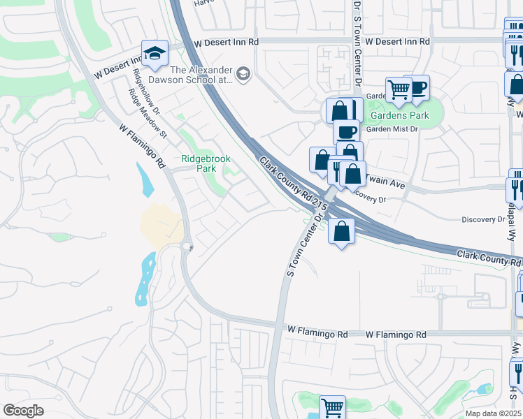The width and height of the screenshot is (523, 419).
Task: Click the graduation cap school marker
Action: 155,53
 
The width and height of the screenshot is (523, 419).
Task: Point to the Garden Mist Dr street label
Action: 392,128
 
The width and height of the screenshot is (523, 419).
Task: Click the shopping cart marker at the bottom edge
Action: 332,407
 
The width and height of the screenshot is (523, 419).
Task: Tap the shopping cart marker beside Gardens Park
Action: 399,89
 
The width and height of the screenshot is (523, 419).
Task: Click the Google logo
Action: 23,411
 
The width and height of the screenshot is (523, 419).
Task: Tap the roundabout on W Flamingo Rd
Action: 187,246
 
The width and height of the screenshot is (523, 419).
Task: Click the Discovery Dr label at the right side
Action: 482,219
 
